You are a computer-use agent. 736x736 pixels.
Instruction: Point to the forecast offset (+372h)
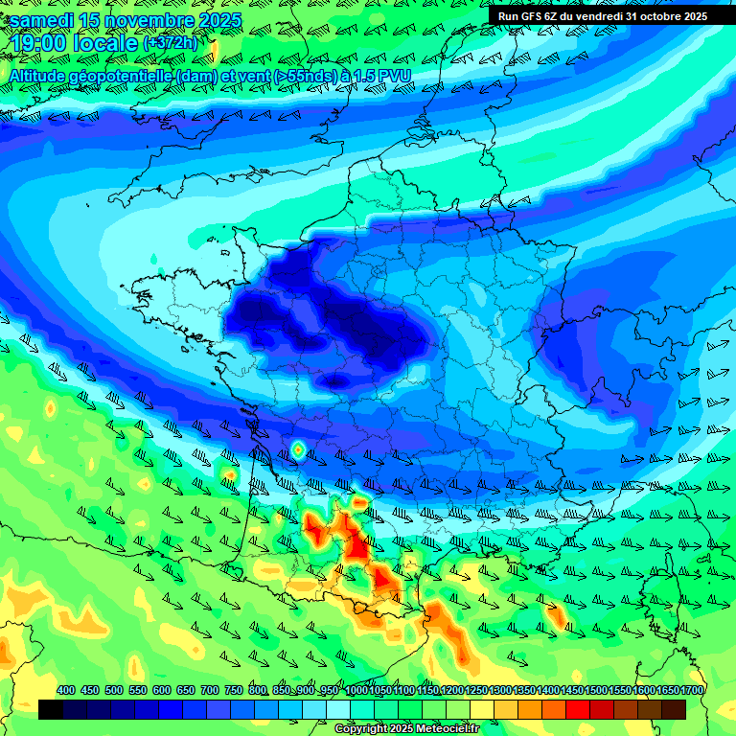[170, 44]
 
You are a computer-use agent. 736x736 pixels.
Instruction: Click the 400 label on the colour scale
[66, 690]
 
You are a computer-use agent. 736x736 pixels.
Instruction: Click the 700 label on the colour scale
[209, 690]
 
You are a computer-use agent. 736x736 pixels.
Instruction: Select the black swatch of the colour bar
[51, 709]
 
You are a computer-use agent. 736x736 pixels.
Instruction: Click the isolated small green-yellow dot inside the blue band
[298, 448]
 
